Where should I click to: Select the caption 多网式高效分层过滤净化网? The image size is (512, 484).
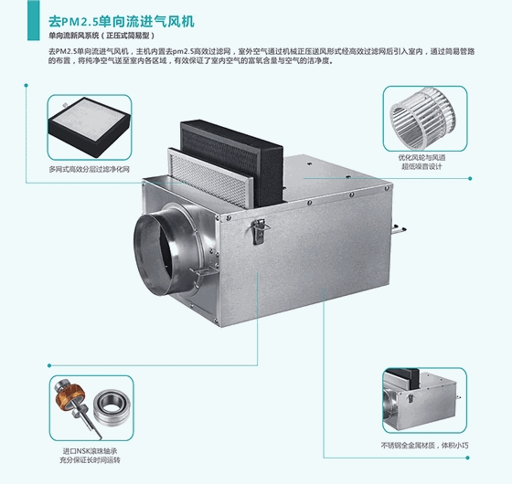click(x=90, y=170)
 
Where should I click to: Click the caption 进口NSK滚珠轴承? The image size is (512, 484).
click(x=91, y=451)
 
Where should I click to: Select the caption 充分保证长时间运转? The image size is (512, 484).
click(x=91, y=463)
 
